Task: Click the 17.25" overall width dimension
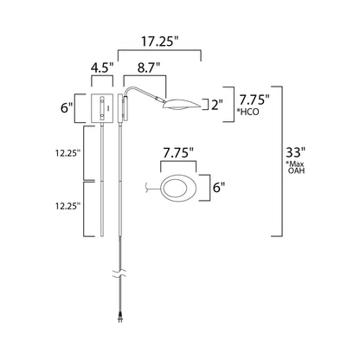tap(167, 41)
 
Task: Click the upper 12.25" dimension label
tap(65, 152)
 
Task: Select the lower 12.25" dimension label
tap(65, 208)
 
